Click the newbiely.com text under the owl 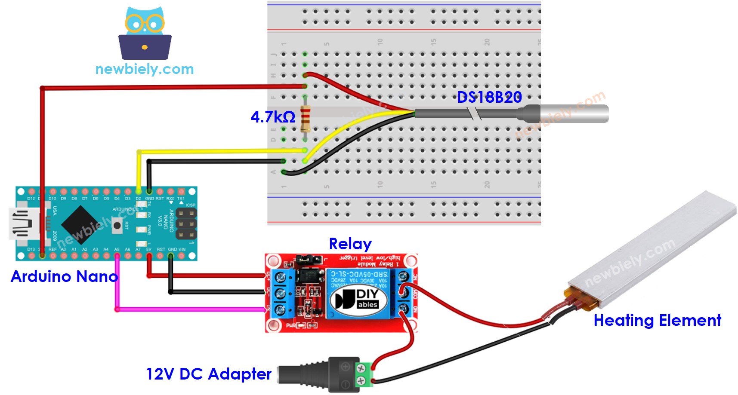tap(144, 69)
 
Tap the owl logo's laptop tap(145, 47)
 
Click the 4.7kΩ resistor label tap(273, 117)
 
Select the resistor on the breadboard tap(305, 118)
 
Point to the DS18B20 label tap(489, 98)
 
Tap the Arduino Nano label tap(64, 276)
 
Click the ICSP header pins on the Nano tap(186, 224)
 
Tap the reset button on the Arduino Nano tap(117, 225)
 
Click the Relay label tap(350, 244)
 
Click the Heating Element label tap(657, 321)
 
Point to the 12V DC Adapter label tap(209, 374)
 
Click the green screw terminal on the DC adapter tap(361, 374)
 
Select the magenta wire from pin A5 tap(189, 309)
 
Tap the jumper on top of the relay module tap(309, 259)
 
